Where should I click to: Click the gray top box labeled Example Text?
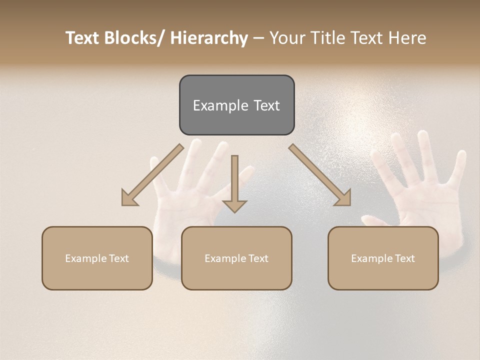[236, 105]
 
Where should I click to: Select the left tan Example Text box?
[97, 258]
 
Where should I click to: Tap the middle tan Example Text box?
[236, 258]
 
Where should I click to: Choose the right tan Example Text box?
[383, 258]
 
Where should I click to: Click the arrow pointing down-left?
[152, 175]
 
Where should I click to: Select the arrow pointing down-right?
[320, 175]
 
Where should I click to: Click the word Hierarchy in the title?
[209, 38]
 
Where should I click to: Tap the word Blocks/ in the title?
[135, 38]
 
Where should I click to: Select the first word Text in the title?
[82, 38]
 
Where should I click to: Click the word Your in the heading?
[287, 38]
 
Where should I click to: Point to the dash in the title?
[258, 38]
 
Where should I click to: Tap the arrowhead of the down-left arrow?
[129, 198]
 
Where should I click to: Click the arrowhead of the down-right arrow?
[343, 198]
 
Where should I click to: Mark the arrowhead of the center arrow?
[234, 205]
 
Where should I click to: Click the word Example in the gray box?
[218, 105]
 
